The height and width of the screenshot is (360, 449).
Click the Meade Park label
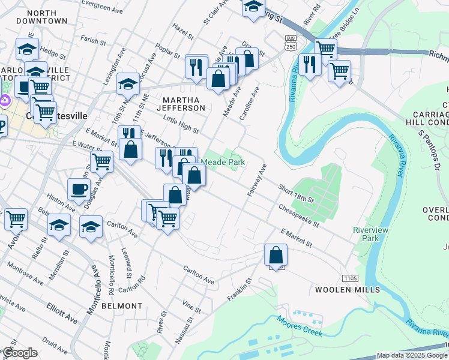pyautogui.click(x=223, y=162)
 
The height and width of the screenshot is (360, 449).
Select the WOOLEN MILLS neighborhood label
pyautogui.click(x=348, y=290)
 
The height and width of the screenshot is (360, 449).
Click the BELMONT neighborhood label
pyautogui.click(x=122, y=306)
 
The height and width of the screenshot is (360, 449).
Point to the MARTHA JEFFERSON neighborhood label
pyautogui.click(x=181, y=103)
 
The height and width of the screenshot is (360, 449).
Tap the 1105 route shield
pyautogui.click(x=350, y=278)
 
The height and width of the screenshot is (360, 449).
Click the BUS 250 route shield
pyautogui.click(x=290, y=43)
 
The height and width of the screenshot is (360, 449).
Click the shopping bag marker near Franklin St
pyautogui.click(x=276, y=254)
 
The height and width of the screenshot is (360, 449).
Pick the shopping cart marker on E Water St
pyautogui.click(x=101, y=161)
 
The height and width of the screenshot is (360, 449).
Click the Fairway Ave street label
pyautogui.click(x=256, y=181)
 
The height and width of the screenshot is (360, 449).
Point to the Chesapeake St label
pyautogui.click(x=298, y=215)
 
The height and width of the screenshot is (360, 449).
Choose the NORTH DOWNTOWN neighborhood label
pyautogui.click(x=42, y=17)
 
